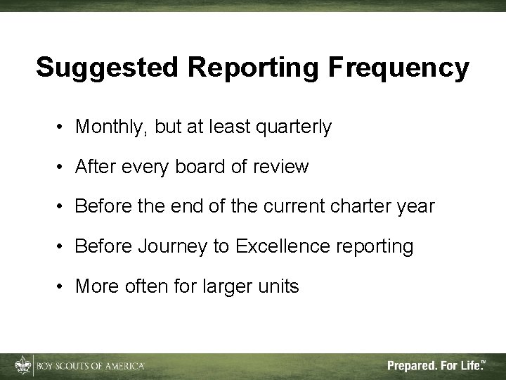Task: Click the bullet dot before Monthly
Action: pyautogui.click(x=63, y=127)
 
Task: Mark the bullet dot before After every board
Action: pyautogui.click(x=63, y=167)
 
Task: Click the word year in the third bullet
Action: pyautogui.click(x=415, y=207)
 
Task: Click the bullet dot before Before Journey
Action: pyautogui.click(x=63, y=247)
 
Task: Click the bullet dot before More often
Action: pyautogui.click(x=63, y=287)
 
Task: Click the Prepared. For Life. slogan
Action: pyautogui.click(x=436, y=366)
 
